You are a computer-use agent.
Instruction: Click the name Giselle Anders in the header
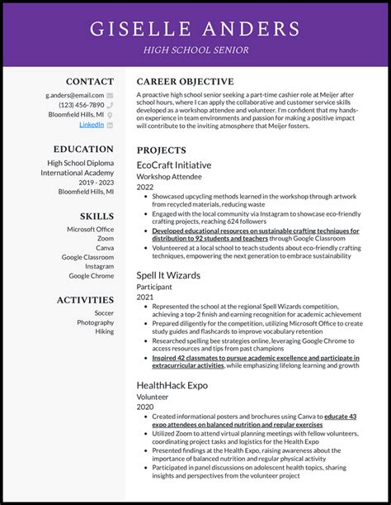[x=195, y=28]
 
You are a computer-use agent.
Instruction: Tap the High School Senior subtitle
[x=195, y=50]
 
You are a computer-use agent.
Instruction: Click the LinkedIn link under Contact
[x=92, y=124]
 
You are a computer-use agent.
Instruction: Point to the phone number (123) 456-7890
[x=81, y=105]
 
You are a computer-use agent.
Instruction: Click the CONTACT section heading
[x=90, y=82]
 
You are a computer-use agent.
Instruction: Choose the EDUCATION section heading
[x=84, y=150]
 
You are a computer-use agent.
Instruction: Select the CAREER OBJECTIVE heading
[x=185, y=82]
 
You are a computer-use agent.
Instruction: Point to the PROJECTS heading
[x=162, y=151]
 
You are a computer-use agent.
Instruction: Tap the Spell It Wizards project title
[x=168, y=274]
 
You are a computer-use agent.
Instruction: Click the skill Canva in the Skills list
[x=105, y=248]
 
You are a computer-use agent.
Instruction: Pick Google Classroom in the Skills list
[x=87, y=257]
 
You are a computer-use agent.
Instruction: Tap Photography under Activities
[x=96, y=322]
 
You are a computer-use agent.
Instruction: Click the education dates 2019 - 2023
[x=96, y=182]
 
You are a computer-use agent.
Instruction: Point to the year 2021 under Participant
[x=145, y=297]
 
